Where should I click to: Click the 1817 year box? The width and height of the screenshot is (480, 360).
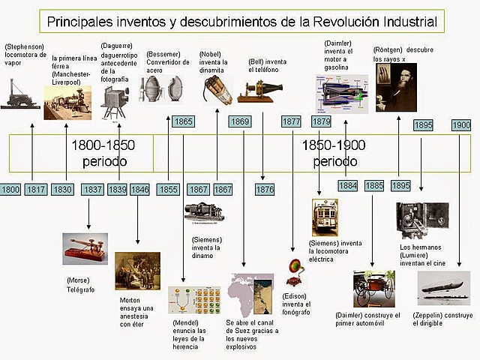coord(35,190)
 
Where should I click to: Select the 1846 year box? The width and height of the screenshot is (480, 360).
coord(140,190)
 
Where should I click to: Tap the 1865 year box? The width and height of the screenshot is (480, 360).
coord(183,121)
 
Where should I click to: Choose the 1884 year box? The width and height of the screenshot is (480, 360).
coord(347,185)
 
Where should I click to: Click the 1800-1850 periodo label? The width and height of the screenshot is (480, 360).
coord(104,153)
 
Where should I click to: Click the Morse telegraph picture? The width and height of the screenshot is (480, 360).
coord(85,249)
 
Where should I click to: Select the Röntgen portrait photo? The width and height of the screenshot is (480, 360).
coord(396,87)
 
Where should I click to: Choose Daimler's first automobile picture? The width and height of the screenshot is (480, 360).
coord(373,289)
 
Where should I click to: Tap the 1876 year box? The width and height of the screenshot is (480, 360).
coord(265,190)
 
